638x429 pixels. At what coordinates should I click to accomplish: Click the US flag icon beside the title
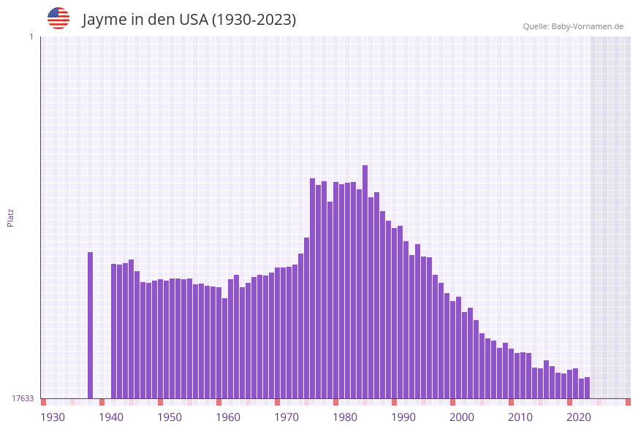pos(58,18)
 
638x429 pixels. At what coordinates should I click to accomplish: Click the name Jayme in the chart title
pos(105,20)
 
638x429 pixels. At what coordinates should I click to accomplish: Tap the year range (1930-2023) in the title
pos(254,20)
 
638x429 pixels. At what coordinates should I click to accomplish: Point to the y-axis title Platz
pos(10,217)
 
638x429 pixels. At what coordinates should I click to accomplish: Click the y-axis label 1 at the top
pos(31,37)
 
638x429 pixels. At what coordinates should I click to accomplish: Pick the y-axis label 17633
pos(23,398)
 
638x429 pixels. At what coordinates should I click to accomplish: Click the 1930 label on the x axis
pos(53,417)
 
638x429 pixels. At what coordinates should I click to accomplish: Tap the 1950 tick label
pos(170,417)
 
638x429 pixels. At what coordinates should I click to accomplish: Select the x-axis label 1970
pos(286,417)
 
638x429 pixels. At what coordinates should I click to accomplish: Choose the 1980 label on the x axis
pos(345,417)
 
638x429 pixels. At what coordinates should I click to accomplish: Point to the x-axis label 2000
pos(462,417)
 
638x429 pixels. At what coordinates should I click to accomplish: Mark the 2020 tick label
pos(579,417)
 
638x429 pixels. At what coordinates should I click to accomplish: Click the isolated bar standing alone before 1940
pos(91,325)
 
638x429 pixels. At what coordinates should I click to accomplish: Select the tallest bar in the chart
pos(365,281)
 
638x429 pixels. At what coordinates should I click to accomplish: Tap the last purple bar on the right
pos(587,388)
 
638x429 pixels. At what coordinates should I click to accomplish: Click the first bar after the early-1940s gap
pos(114,331)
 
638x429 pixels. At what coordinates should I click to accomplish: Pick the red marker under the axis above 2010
pos(511,402)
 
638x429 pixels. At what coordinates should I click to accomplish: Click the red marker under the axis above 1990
pos(394,402)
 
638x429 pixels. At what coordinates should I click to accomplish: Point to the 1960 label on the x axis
pos(228,417)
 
